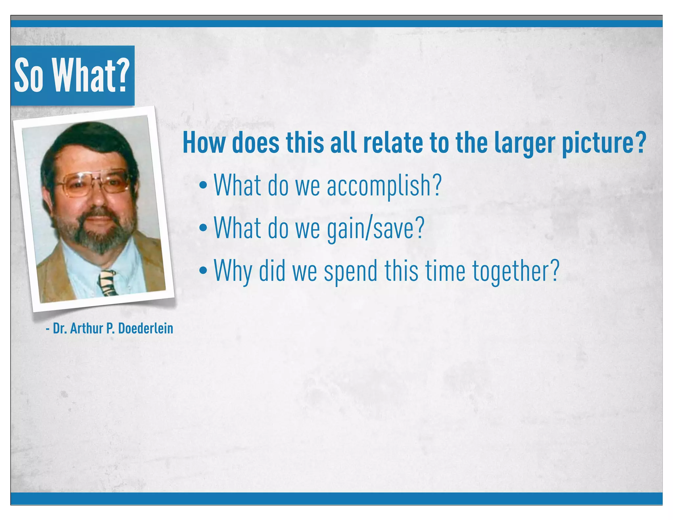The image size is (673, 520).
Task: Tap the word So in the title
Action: point(29,76)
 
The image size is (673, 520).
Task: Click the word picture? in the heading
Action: point(604,143)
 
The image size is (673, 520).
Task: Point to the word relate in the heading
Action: point(393,143)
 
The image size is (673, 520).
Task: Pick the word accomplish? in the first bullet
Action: point(384,186)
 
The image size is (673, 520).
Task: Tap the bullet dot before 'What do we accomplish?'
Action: point(203,185)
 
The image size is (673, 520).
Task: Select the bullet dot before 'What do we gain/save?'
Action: point(203,227)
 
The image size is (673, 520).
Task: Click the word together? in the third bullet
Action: point(516,271)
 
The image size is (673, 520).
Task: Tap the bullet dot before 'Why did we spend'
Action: point(203,270)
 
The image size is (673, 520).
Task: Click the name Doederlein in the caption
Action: point(146,328)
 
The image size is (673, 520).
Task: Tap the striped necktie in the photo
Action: point(108,283)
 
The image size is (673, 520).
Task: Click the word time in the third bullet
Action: point(446,271)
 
